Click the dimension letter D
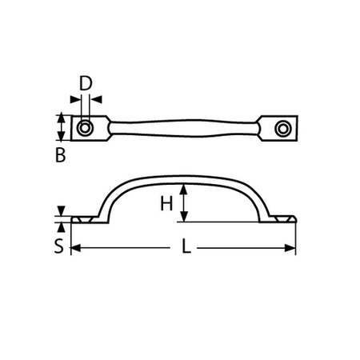tap(86, 82)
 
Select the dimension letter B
tap(60, 156)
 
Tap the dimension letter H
tap(166, 204)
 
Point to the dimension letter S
tap(58, 246)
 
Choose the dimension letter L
tap(185, 248)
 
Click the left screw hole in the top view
tap(86, 128)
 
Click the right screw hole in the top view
tap(282, 128)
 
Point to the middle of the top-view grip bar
tap(183, 128)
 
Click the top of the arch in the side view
tap(183, 174)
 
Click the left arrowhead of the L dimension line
tap(75, 249)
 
